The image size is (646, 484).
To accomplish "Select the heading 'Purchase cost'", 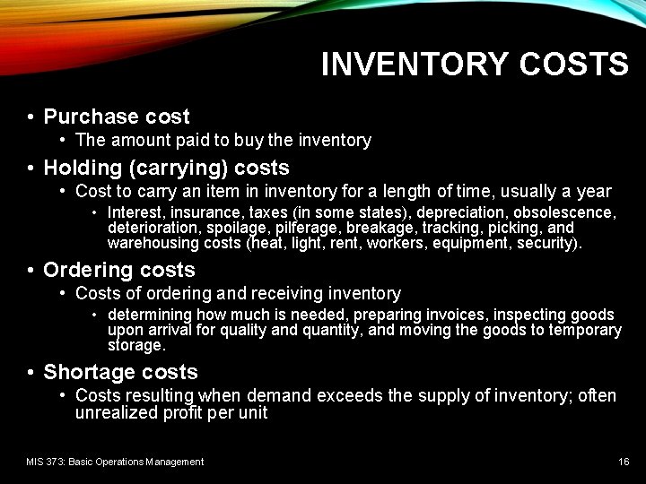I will tap(117, 117).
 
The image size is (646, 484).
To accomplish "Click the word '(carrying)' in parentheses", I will tap(179, 168).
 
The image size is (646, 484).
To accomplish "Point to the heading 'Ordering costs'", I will tap(119, 270).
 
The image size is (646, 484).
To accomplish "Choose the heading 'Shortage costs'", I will tap(120, 372).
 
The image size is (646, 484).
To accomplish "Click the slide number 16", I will tap(624, 462).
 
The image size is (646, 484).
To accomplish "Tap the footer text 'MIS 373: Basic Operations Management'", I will tap(115, 462).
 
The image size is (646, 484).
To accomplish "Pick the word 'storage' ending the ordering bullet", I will tap(135, 345).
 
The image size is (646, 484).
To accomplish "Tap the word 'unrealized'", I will tap(116, 413).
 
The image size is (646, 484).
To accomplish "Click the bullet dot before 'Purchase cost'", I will tap(31, 117).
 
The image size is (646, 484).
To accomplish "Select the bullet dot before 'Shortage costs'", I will tap(31, 373).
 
